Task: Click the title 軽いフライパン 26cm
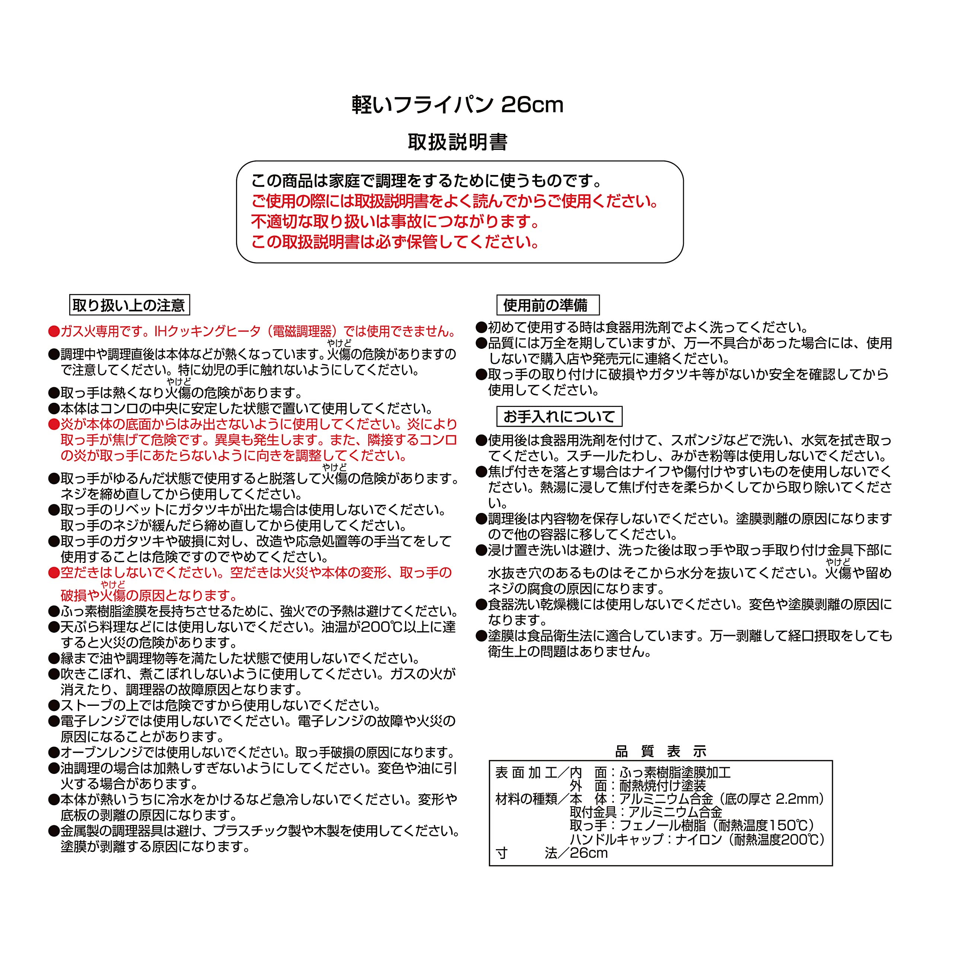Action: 457,105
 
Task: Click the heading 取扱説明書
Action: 457,142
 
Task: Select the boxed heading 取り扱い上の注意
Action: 129,305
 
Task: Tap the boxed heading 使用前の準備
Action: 548,305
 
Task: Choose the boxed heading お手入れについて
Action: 559,417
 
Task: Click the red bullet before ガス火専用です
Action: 54,331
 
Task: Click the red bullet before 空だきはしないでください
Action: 54,573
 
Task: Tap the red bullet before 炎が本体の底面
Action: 54,425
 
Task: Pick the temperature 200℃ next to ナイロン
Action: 796,839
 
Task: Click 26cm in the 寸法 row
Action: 589,853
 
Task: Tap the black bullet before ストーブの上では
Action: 54,706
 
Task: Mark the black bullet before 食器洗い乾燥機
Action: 481,605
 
